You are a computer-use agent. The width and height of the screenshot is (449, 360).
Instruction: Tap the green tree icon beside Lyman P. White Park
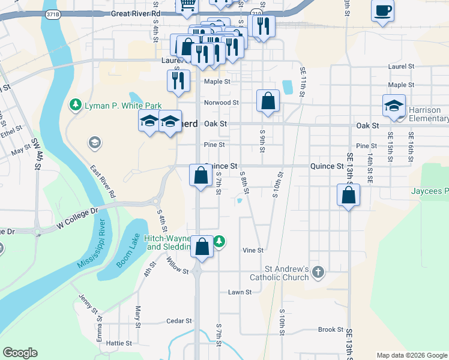(x=76, y=106)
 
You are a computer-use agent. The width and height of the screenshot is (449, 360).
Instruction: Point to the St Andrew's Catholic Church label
(x=279, y=273)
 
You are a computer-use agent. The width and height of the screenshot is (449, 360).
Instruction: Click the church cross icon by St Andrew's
(x=318, y=273)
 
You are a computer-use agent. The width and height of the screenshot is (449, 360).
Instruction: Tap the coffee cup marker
(x=382, y=11)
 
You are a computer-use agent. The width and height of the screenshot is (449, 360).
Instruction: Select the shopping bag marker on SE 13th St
(x=348, y=195)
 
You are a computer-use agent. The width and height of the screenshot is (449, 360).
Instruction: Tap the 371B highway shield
(x=53, y=14)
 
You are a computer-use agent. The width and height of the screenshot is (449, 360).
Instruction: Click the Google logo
(x=20, y=353)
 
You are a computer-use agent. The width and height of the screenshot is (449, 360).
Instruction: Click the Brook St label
(x=330, y=330)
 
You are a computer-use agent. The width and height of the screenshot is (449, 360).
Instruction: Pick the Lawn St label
(x=239, y=292)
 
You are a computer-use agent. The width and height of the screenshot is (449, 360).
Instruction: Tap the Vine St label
(x=253, y=250)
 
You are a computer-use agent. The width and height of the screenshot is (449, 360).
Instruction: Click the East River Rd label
(x=103, y=182)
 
